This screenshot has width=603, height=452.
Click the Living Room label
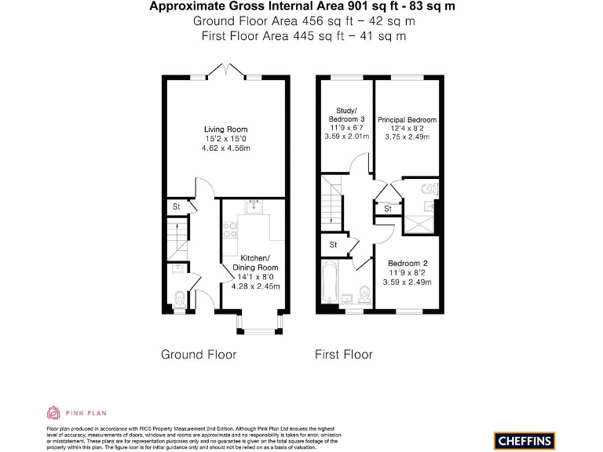pyautogui.click(x=226, y=129)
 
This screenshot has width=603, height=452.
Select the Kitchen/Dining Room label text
pyautogui.click(x=255, y=263)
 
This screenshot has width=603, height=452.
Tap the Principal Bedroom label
pyautogui.click(x=407, y=120)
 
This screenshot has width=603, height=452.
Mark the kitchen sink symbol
pyautogui.click(x=254, y=207)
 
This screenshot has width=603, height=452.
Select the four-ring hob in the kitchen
pyautogui.click(x=232, y=230)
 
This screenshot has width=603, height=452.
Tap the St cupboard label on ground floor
pyautogui.click(x=177, y=207)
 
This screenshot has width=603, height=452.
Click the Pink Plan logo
pyautogui.click(x=77, y=413)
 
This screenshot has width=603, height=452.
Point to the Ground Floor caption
pyautogui.click(x=199, y=355)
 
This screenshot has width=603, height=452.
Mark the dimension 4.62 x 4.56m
pyautogui.click(x=226, y=148)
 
